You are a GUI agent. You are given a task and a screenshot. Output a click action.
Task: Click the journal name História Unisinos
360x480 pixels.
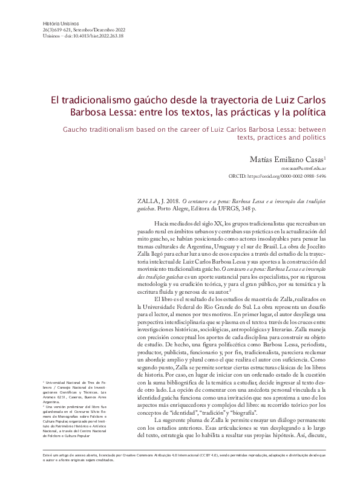coord(51,23)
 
